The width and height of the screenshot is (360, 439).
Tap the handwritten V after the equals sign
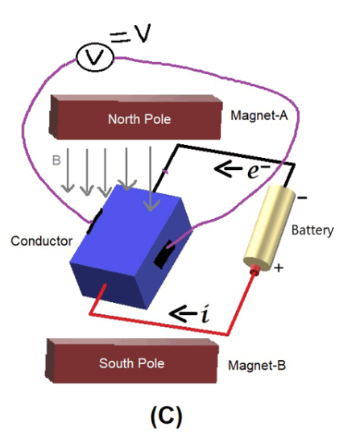(143, 33)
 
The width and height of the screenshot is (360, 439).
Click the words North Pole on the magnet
(139, 119)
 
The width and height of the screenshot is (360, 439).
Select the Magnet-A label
(259, 115)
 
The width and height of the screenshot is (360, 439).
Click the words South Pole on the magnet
(131, 363)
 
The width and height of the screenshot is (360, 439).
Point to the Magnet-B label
(257, 366)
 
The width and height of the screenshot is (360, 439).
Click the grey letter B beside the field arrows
(56, 160)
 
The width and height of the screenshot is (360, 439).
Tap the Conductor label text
(42, 241)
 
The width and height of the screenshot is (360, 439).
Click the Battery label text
(312, 230)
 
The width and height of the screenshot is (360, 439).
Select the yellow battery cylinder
(270, 228)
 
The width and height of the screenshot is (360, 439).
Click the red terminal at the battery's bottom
(254, 269)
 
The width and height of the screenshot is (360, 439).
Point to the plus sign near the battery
(279, 268)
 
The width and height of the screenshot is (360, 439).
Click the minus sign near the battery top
(302, 198)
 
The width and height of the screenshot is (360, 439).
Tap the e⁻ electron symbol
(259, 170)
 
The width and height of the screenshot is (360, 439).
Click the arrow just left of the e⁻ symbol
(228, 168)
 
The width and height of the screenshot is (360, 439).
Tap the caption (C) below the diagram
(166, 416)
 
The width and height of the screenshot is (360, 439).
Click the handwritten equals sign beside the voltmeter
(120, 38)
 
